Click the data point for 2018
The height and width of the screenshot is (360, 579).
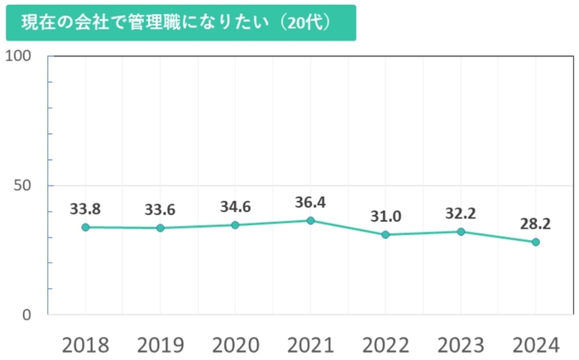coord(85,227)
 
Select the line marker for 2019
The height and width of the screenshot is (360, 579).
coord(160,228)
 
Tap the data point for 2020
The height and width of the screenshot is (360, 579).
coord(235,225)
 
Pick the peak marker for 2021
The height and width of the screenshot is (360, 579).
coord(310,220)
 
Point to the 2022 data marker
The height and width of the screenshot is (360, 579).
coord(385,234)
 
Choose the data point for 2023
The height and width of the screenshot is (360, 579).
coord(461,231)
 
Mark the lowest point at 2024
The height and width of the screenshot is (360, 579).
coord(535,242)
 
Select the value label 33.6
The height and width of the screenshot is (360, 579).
coord(160,209)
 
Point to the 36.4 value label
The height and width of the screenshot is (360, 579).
coord(311,201)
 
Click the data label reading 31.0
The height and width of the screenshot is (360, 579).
coord(385,216)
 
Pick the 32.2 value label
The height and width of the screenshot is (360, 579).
coord(461,213)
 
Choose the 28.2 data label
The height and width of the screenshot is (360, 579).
coord(535,223)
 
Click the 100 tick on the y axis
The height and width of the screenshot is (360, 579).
coord(18,55)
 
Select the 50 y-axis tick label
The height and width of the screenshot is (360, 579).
coord(23,185)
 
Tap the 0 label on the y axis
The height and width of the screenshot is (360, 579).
coord(27,314)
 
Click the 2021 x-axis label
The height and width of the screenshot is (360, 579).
coord(310,343)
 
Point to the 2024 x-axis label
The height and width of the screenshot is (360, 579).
coord(535,343)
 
